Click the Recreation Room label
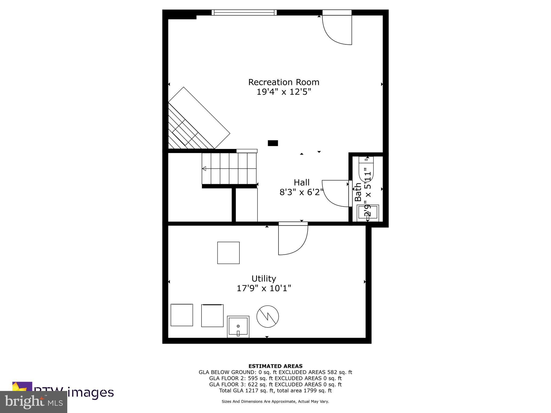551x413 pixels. (x=284, y=82)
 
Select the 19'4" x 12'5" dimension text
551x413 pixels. (x=284, y=92)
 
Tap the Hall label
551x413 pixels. (x=301, y=183)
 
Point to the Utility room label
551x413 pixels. (x=264, y=278)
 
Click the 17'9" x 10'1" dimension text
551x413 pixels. (x=264, y=288)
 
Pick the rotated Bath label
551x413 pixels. (x=358, y=192)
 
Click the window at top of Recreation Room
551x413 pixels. (x=244, y=12)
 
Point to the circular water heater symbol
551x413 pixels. (x=267, y=316)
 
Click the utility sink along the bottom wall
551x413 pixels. (x=238, y=326)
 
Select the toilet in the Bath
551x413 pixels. (x=366, y=168)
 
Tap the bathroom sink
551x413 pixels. (x=368, y=213)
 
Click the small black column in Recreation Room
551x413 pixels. (x=273, y=143)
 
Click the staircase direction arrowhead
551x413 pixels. (x=204, y=169)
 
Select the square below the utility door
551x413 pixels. (x=228, y=253)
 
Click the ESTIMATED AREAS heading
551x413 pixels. (x=275, y=366)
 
